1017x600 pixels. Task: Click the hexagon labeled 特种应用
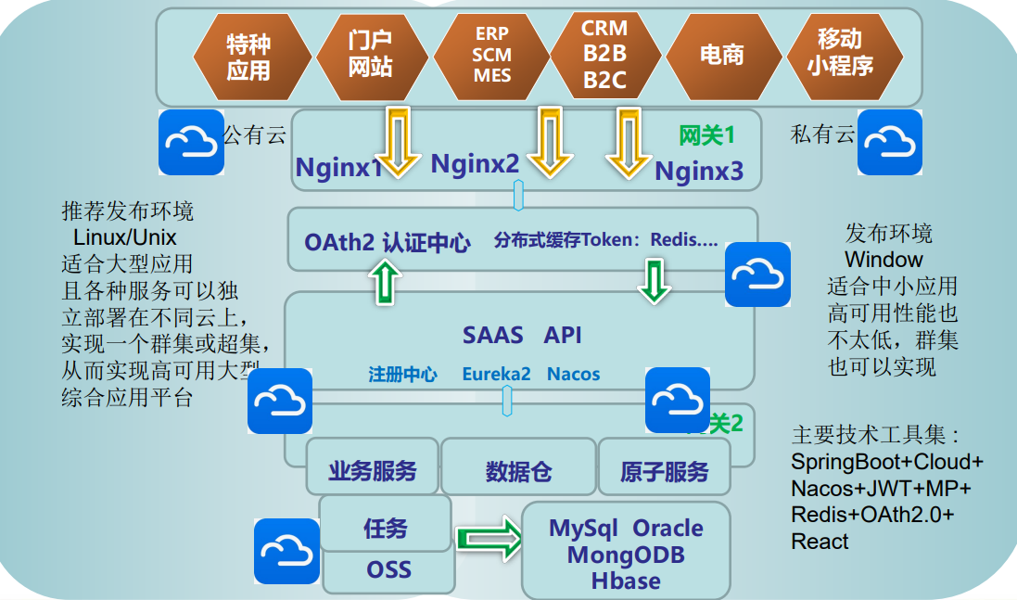248,55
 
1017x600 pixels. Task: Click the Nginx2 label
475,164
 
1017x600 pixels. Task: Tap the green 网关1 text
706,135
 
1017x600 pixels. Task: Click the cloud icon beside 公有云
191,142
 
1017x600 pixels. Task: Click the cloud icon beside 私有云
889,142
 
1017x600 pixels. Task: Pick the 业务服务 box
372,470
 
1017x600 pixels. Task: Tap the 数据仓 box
518,471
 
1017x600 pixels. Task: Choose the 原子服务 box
664,471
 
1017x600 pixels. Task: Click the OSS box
388,568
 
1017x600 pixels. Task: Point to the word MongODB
626,555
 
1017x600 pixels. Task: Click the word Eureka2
496,375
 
